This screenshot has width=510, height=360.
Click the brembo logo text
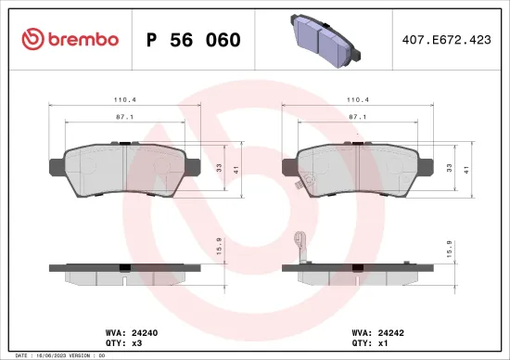[84, 39]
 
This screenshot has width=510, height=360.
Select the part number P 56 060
[194, 40]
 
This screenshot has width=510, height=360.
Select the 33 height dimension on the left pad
[218, 167]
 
